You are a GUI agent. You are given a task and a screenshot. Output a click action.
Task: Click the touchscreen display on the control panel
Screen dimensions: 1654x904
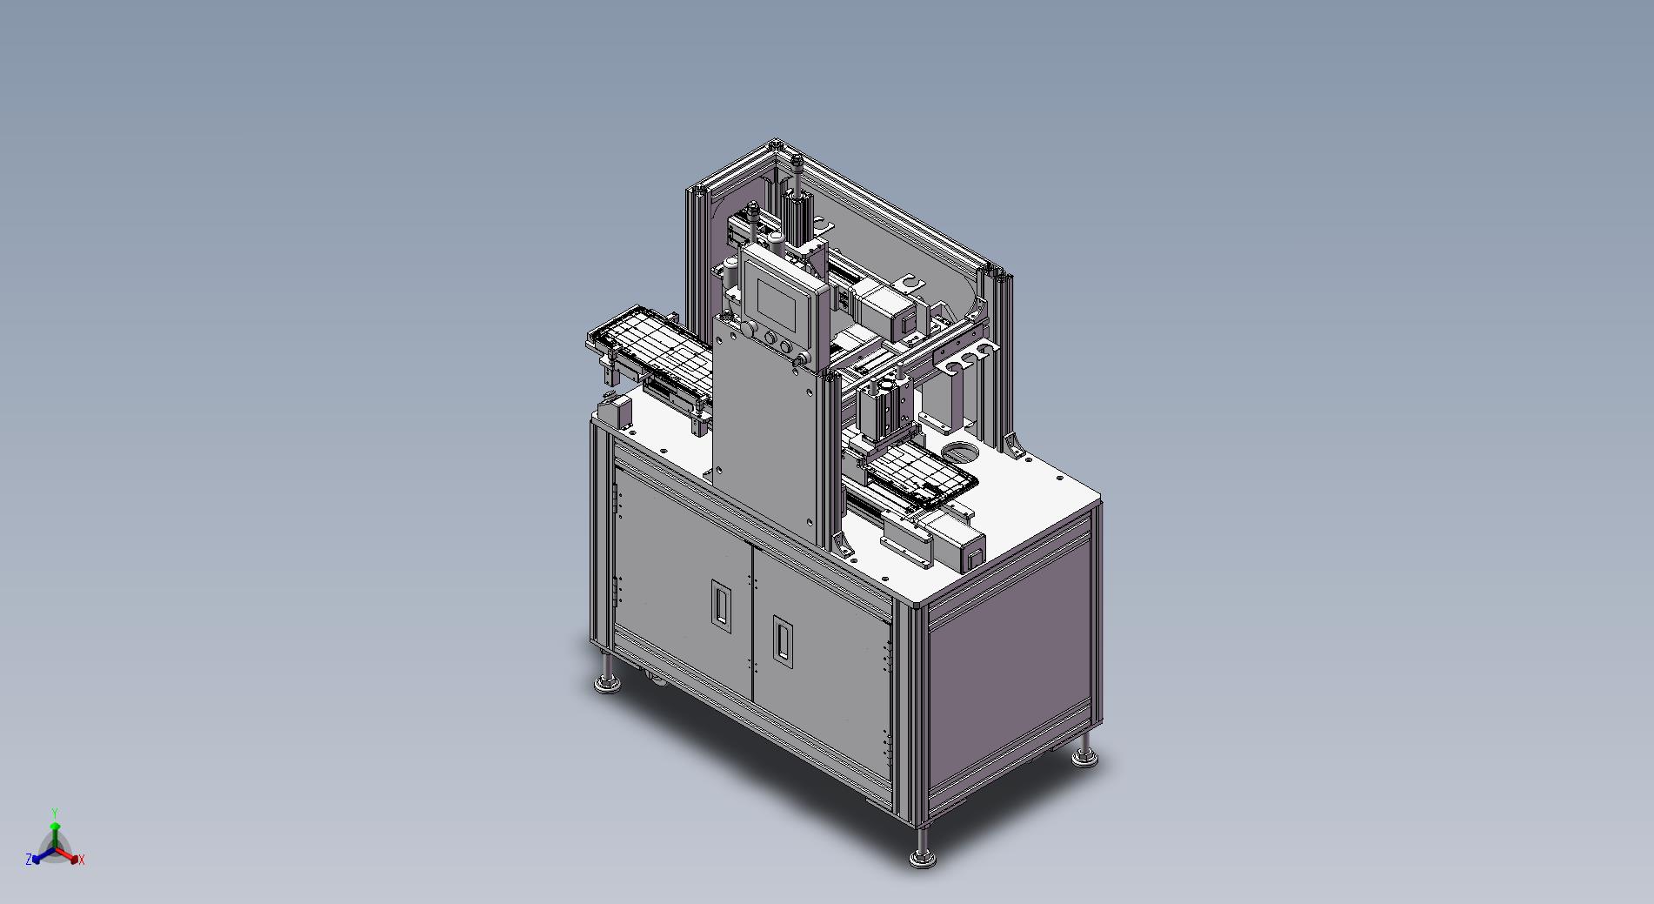tap(777, 300)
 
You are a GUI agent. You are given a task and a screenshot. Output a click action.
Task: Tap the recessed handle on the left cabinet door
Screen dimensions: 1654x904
tap(720, 602)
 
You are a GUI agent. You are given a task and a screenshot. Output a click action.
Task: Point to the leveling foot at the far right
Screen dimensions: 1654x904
tap(1084, 750)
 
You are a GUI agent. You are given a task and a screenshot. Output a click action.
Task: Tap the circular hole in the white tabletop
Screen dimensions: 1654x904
tap(961, 452)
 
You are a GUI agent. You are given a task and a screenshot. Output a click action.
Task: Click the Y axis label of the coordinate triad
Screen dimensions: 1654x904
tap(55, 813)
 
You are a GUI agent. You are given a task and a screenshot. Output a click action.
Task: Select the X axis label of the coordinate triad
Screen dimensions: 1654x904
tap(81, 860)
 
